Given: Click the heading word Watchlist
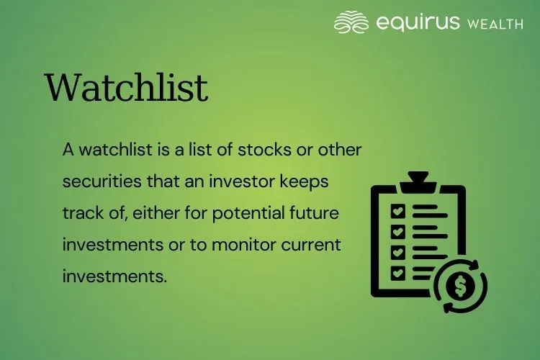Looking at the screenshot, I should click(127, 88).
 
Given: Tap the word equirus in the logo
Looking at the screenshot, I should click(418, 23).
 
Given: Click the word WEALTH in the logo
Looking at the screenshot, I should click(495, 24).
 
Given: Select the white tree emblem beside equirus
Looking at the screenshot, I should click(351, 22).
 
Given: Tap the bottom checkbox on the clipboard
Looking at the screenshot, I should click(397, 274).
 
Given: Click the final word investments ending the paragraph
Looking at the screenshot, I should click(114, 276).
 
